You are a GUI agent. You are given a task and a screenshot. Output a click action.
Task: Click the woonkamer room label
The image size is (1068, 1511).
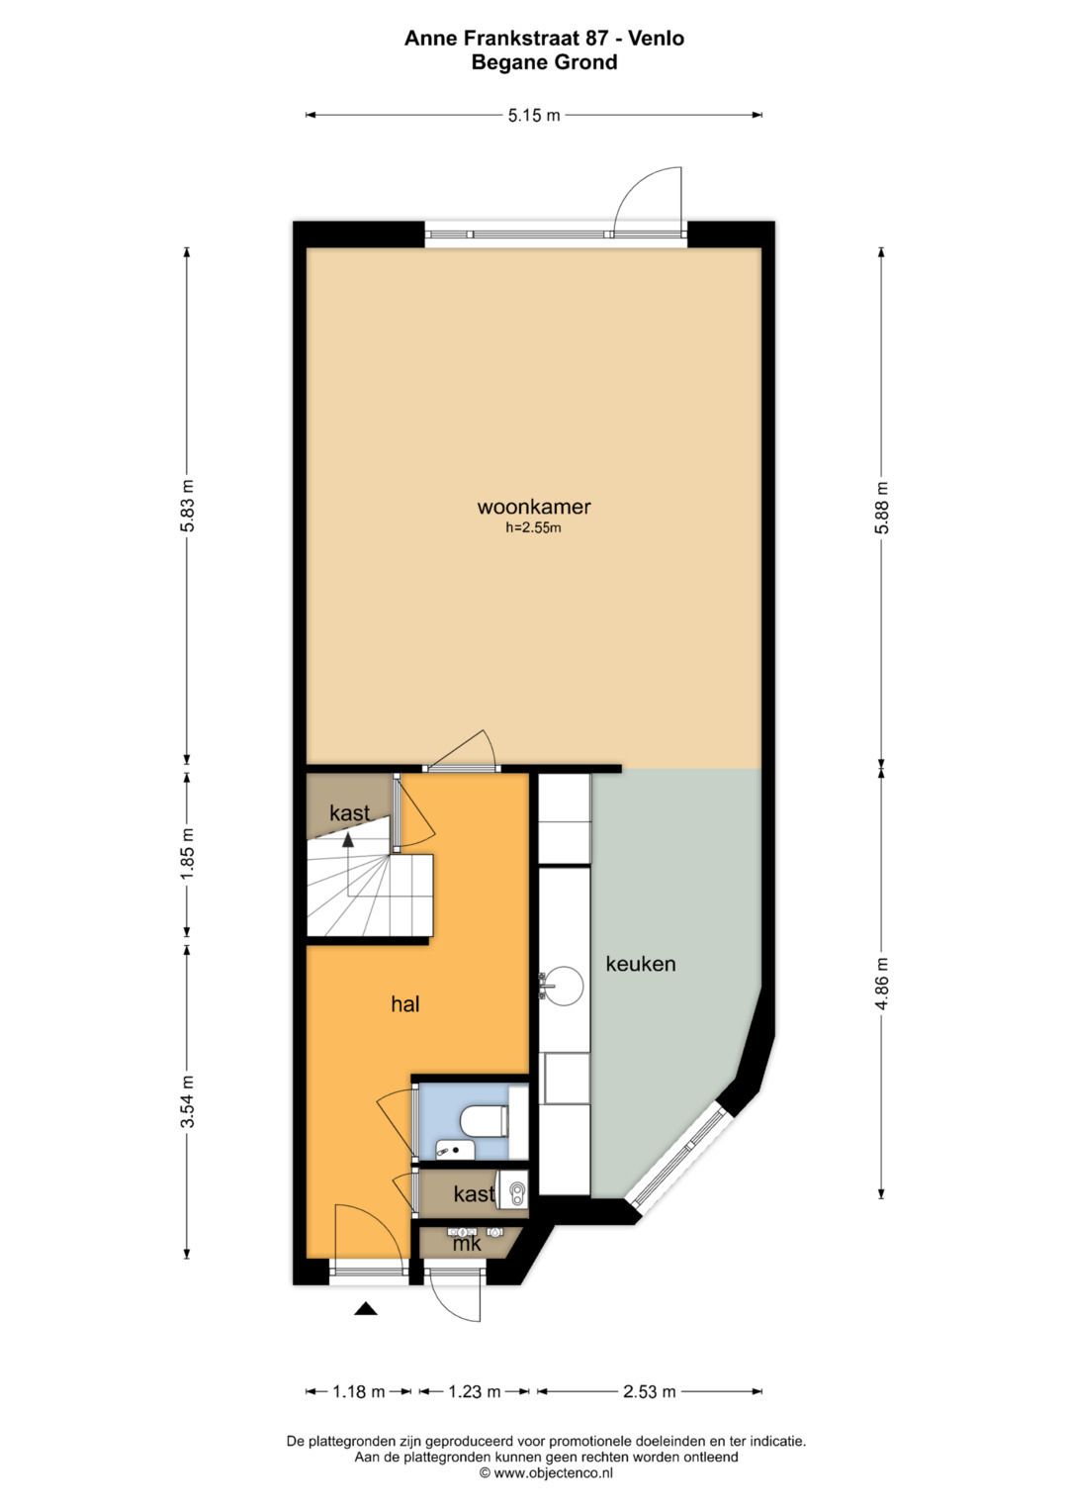[x=534, y=507]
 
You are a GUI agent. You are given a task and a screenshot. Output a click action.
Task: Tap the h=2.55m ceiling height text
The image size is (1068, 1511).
[x=533, y=528]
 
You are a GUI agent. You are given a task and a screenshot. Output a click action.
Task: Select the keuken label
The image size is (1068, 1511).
[x=640, y=964]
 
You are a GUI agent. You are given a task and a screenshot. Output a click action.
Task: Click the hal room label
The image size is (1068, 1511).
[x=405, y=1004]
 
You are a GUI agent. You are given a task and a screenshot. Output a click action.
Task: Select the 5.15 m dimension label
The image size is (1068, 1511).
[x=534, y=116]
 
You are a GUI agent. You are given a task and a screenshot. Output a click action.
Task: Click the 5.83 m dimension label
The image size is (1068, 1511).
[x=188, y=506]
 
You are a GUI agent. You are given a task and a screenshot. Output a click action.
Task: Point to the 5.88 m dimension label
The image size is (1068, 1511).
[x=881, y=508]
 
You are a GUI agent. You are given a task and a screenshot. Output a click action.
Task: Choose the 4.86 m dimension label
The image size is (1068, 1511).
[x=881, y=983]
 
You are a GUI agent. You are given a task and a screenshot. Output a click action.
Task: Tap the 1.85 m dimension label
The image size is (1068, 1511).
[x=188, y=853]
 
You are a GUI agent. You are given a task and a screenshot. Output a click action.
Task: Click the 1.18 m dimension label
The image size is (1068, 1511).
[x=359, y=1391]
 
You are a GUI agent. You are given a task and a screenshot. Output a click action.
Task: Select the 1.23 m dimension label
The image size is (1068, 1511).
[x=475, y=1391]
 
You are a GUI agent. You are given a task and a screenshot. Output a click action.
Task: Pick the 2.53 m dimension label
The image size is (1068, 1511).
[x=649, y=1391]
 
